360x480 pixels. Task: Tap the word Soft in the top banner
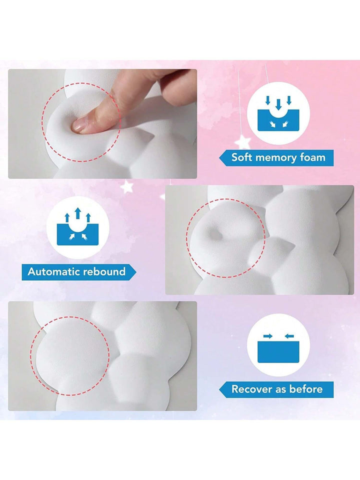pyautogui.click(x=242, y=157)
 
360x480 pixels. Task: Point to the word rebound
pyautogui.click(x=104, y=271)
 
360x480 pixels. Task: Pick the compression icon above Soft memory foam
pyautogui.click(x=278, y=113)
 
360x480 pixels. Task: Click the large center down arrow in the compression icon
pyautogui.click(x=278, y=104)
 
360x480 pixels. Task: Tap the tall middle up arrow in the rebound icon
pyautogui.click(x=78, y=213)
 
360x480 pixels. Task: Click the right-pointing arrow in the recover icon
pyautogui.click(x=268, y=336)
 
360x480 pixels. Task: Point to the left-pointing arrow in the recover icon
pyautogui.click(x=289, y=336)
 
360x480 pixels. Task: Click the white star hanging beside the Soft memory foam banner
pyautogui.click(x=242, y=141)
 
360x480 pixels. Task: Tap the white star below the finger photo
pyautogui.click(x=126, y=186)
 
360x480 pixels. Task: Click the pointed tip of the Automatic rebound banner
pyautogui.click(x=135, y=272)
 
